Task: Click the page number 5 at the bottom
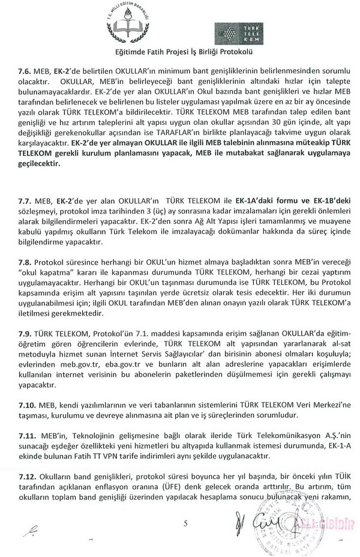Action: click(x=186, y=523)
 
